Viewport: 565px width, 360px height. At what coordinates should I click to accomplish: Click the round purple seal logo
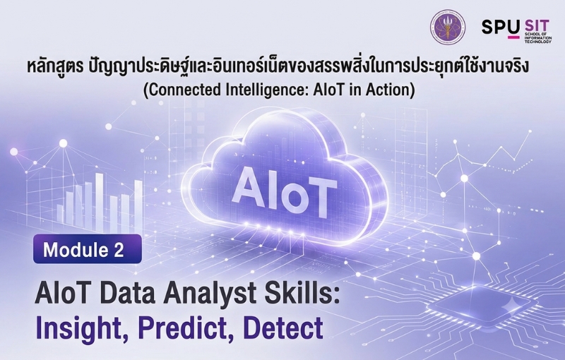[x=448, y=27]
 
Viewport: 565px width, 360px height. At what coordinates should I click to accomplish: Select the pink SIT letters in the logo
[x=537, y=26]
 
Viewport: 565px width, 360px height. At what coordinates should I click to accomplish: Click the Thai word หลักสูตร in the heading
[x=55, y=68]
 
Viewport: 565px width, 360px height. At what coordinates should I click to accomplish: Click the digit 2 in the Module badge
[x=119, y=249]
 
